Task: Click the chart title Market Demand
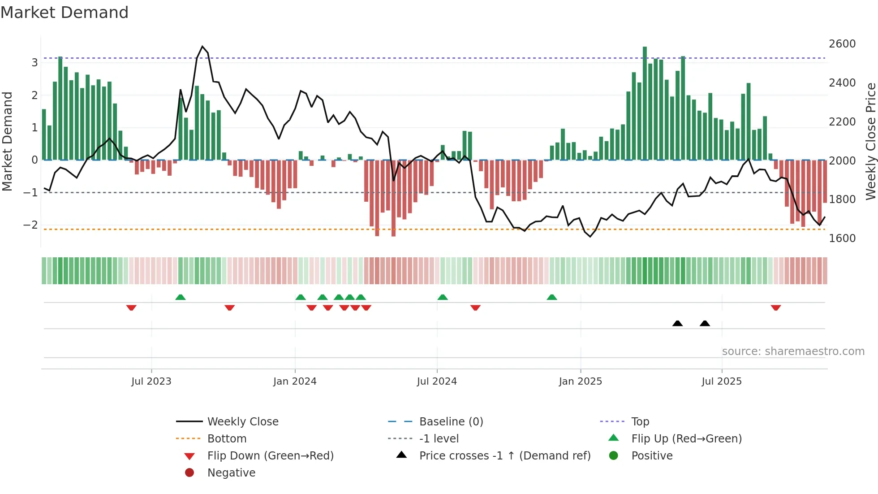click(65, 13)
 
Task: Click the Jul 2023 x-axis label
click(151, 381)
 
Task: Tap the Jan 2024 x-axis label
click(295, 381)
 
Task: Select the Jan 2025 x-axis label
click(581, 381)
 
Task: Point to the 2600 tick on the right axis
click(842, 44)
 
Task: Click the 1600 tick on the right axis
click(842, 238)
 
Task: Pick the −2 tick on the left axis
click(30, 225)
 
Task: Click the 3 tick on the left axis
click(34, 63)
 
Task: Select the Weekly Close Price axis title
click(870, 141)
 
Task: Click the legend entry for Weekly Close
click(243, 422)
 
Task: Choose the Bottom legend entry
click(227, 439)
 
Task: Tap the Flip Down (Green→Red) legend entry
click(270, 456)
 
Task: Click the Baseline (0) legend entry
click(451, 422)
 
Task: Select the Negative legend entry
click(231, 473)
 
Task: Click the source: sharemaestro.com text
click(793, 351)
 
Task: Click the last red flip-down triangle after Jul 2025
click(776, 308)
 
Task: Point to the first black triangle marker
click(677, 323)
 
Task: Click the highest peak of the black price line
click(202, 47)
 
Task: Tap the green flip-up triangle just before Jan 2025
click(552, 297)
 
